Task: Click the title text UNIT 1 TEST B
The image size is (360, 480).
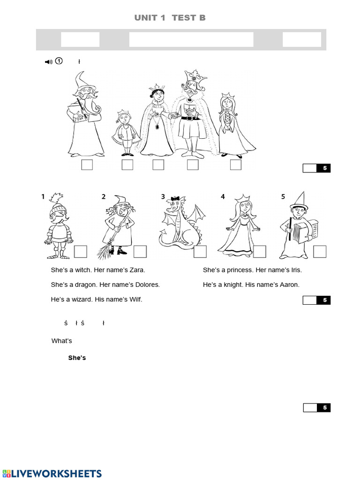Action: pyautogui.click(x=170, y=18)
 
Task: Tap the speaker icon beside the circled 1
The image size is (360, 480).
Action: pyautogui.click(x=48, y=61)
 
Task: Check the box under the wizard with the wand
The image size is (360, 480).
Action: pyautogui.click(x=87, y=165)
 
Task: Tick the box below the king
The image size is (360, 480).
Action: pyautogui.click(x=193, y=165)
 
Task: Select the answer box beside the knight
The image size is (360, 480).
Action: pyautogui.click(x=81, y=252)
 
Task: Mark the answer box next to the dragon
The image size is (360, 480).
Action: pyautogui.click(x=200, y=252)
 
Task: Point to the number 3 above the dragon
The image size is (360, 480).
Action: pyautogui.click(x=163, y=197)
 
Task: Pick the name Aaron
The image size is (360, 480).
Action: pyautogui.click(x=289, y=285)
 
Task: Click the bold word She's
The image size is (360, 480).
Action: pyautogui.click(x=77, y=358)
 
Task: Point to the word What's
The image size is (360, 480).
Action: pyautogui.click(x=61, y=341)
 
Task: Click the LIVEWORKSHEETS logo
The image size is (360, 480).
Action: pyautogui.click(x=52, y=473)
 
